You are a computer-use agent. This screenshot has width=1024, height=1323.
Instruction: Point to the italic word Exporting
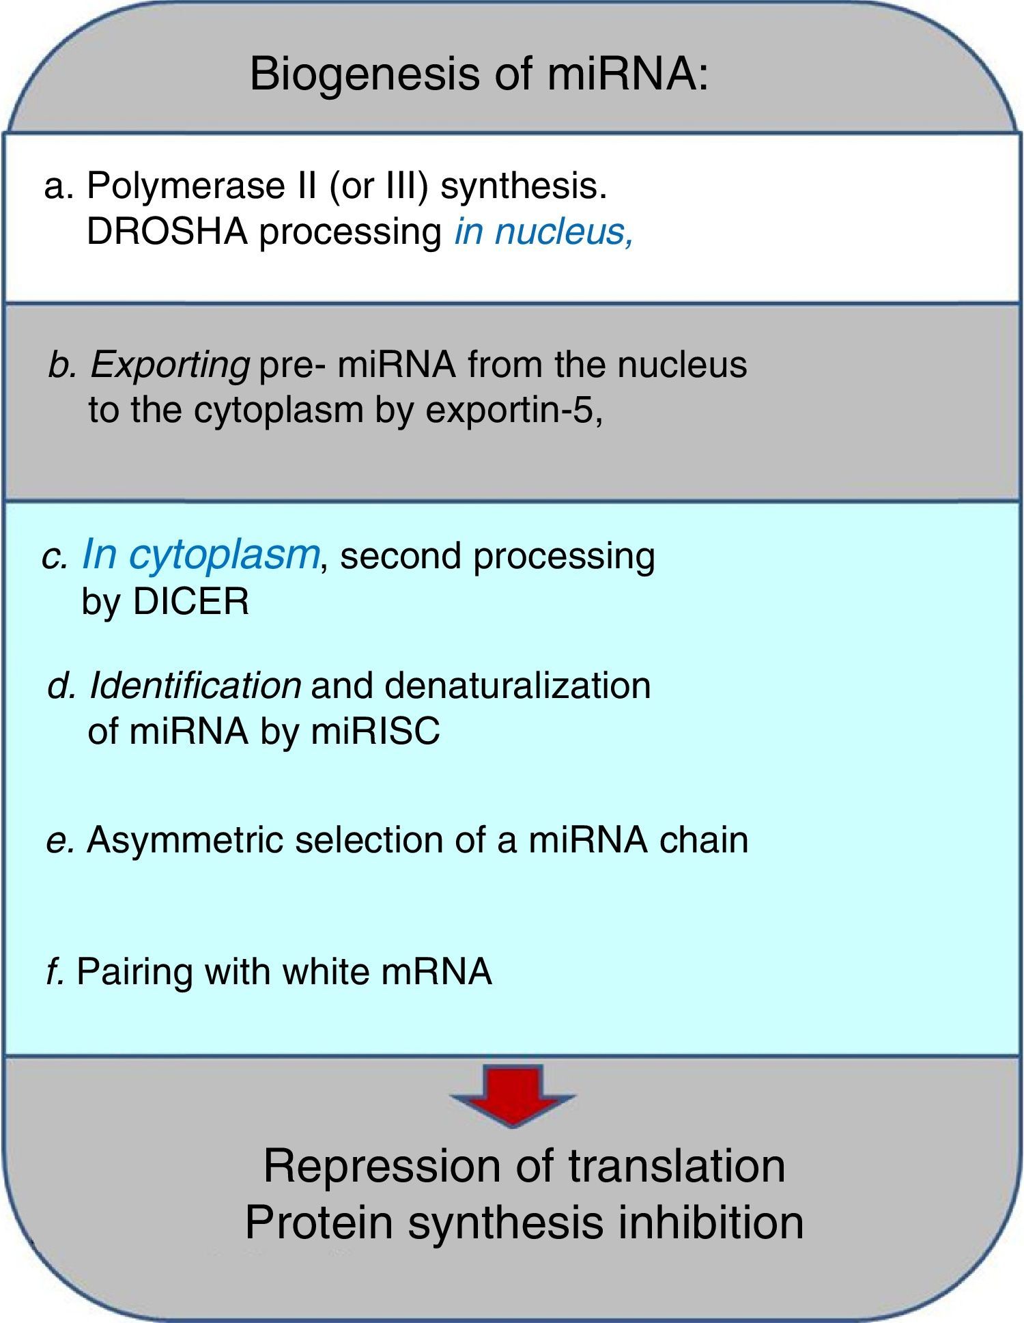pos(169,365)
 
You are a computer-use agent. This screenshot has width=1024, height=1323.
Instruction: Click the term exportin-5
pos(513,410)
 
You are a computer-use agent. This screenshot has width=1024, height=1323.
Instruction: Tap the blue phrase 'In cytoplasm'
pos(200,555)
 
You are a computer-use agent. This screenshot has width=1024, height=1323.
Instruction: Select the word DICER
pos(191,602)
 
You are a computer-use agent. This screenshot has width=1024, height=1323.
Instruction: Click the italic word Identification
pos(195,685)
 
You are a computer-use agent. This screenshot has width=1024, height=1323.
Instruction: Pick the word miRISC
pos(375,732)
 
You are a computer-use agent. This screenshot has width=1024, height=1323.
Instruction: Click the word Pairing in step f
pos(134,971)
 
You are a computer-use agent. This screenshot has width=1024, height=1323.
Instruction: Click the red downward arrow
pos(513,1095)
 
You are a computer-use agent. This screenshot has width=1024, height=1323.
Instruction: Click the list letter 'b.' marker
pos(62,365)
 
